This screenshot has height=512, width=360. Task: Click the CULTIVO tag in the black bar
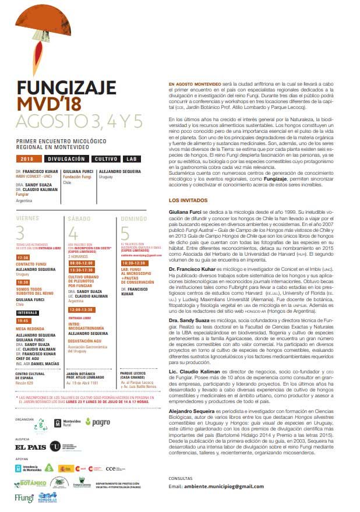[x=105, y=158]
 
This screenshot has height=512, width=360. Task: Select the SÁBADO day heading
[x=80, y=218]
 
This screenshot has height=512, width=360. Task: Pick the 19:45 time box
[x=23, y=320]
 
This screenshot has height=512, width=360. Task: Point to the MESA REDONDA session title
[x=31, y=329]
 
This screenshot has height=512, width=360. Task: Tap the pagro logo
[x=97, y=406]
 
